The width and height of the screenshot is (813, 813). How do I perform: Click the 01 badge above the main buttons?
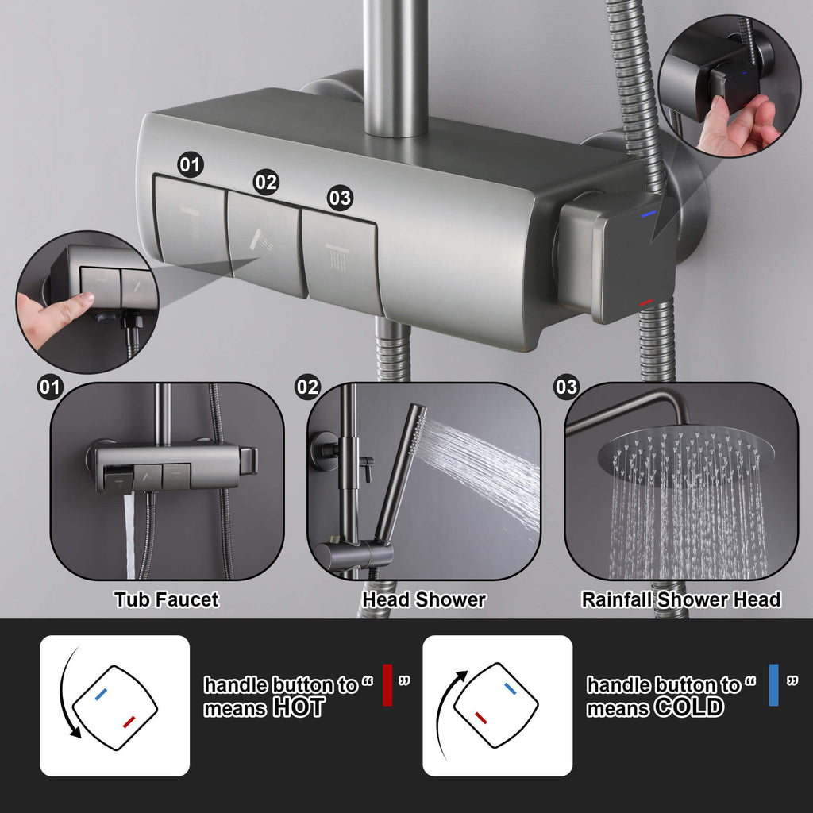[x=191, y=165]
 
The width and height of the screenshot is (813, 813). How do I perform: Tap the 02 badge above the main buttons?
[x=266, y=182]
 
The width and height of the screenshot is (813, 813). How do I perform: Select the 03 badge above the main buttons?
[x=340, y=198]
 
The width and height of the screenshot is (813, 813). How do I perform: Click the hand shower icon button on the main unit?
[x=264, y=244]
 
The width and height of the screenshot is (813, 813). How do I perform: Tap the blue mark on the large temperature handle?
[x=648, y=213]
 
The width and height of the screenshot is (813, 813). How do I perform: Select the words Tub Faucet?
[x=167, y=599]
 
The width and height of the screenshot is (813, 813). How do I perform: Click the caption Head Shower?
[x=424, y=599]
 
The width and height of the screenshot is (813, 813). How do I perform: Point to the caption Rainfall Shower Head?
[x=680, y=599]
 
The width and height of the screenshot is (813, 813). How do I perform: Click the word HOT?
[x=299, y=707]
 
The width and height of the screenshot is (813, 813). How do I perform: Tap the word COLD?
[x=688, y=707]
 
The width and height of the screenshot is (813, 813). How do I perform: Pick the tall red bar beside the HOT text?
[x=387, y=685]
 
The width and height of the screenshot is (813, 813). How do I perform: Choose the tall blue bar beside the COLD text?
[x=773, y=685]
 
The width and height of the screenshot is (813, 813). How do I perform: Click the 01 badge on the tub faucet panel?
[x=50, y=387]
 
